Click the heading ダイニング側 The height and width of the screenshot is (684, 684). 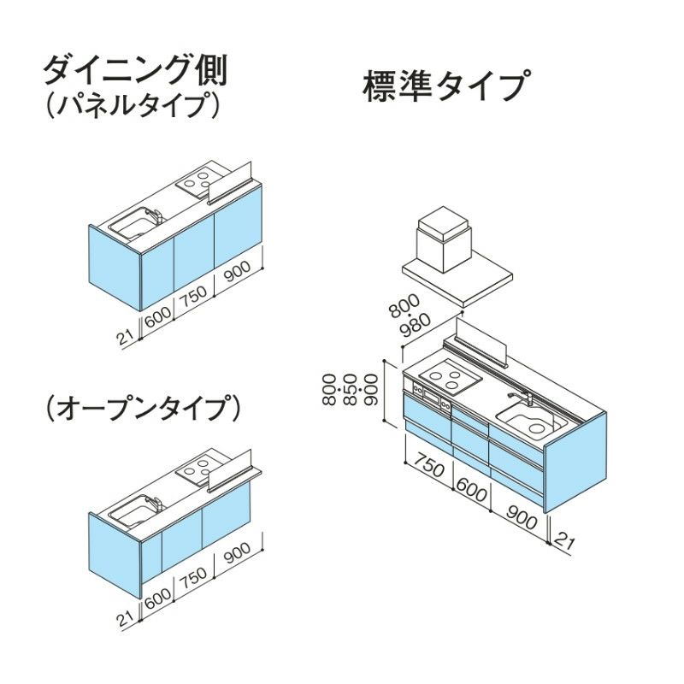pos(134,71)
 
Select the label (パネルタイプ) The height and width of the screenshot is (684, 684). pos(133,105)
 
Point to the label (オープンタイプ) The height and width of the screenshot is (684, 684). pos(140,409)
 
